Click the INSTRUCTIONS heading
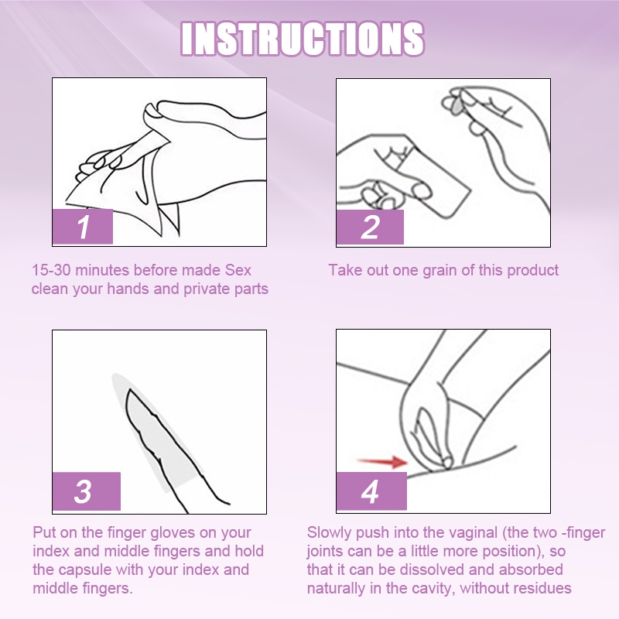tap(303, 39)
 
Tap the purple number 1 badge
tap(83, 227)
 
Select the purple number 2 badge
tap(370, 227)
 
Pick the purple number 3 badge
tap(87, 491)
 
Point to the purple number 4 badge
tap(371, 491)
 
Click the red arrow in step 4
tap(381, 461)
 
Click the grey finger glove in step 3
tap(156, 433)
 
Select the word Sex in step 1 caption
tap(238, 270)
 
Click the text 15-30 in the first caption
tap(51, 270)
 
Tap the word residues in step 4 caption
tap(545, 588)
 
